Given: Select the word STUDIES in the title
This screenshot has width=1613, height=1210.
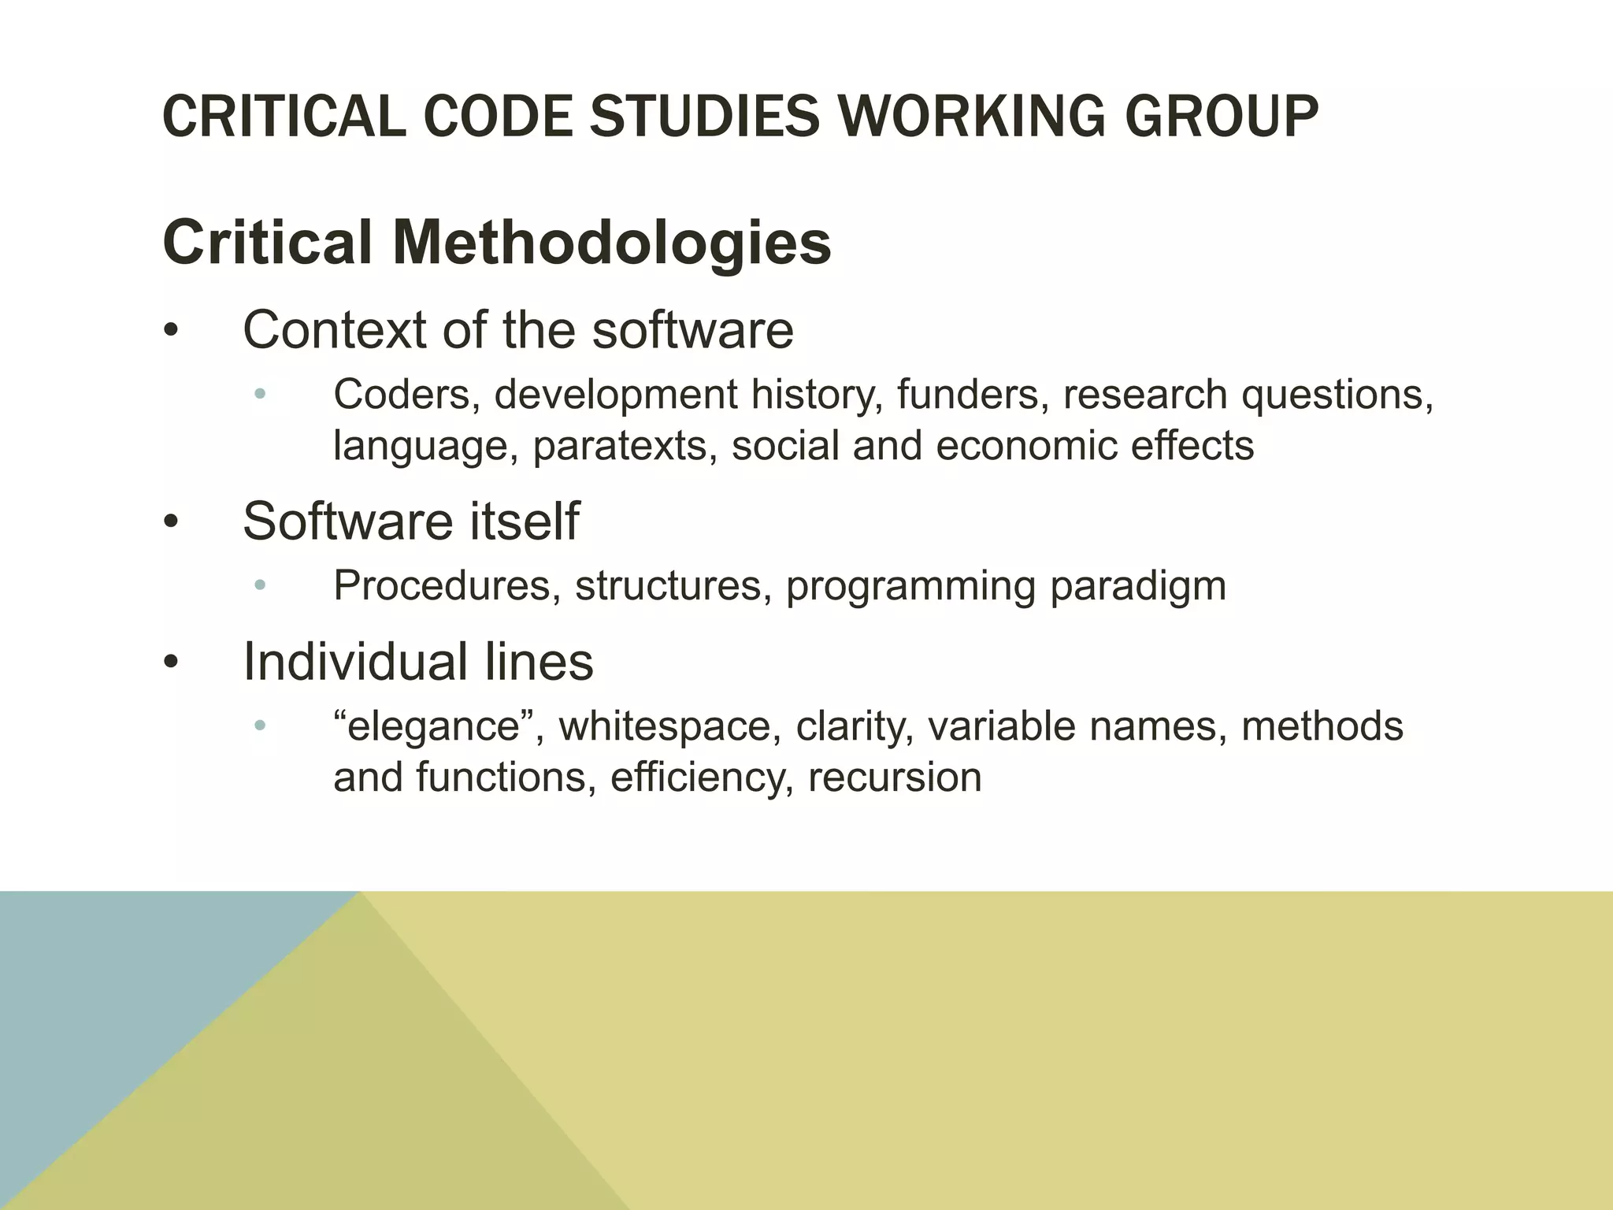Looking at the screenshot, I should pos(705,117).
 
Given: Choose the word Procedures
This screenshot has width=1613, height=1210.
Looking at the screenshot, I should pos(441,586).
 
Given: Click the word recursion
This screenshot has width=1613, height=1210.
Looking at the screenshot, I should pos(895,778).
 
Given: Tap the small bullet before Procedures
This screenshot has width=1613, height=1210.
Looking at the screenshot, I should pos(261,585).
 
